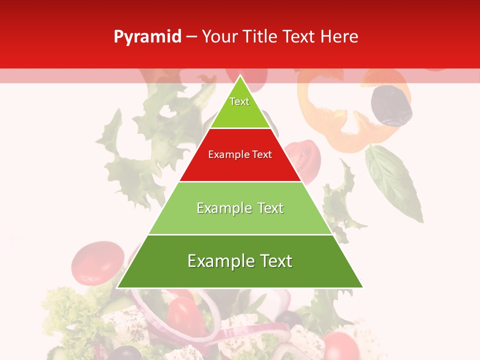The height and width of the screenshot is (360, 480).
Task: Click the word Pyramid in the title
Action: click(147, 37)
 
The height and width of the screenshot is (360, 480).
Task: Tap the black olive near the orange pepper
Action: click(391, 105)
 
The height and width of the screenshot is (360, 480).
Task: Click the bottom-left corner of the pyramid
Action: click(117, 287)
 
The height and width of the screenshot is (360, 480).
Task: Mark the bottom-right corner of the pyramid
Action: click(363, 287)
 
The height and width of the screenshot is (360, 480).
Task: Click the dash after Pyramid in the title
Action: click(191, 37)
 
